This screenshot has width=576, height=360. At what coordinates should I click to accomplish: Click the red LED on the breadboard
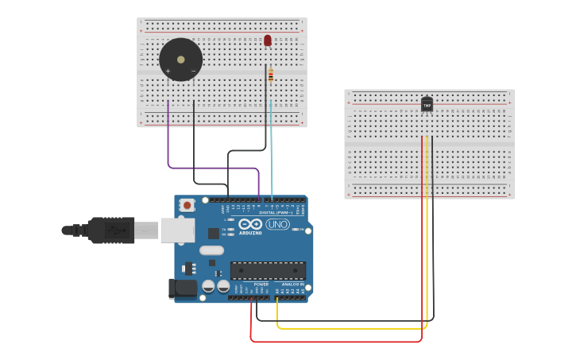(x=268, y=40)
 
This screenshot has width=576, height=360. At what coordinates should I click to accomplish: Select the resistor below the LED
(x=271, y=75)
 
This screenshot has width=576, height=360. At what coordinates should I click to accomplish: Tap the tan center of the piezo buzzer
(x=181, y=60)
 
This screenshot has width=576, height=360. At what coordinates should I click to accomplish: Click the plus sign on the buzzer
(x=168, y=72)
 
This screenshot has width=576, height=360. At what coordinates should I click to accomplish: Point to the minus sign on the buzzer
(x=193, y=72)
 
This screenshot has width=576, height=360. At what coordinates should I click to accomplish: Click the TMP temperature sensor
(x=427, y=104)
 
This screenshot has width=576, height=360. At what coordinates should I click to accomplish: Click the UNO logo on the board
(x=277, y=224)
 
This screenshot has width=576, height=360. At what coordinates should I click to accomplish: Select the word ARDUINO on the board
(x=250, y=233)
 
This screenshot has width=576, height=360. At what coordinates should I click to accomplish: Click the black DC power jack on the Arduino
(x=182, y=288)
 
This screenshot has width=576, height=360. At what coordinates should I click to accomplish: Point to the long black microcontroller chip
(x=268, y=270)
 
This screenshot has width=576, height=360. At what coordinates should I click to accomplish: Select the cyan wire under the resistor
(x=271, y=151)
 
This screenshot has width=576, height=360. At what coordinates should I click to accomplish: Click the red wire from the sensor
(x=422, y=238)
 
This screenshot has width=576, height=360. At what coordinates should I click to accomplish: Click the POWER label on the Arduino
(x=261, y=284)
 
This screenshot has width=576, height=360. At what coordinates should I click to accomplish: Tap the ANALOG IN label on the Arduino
(x=292, y=284)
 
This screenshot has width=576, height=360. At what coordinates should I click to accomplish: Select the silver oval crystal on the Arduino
(x=211, y=250)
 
